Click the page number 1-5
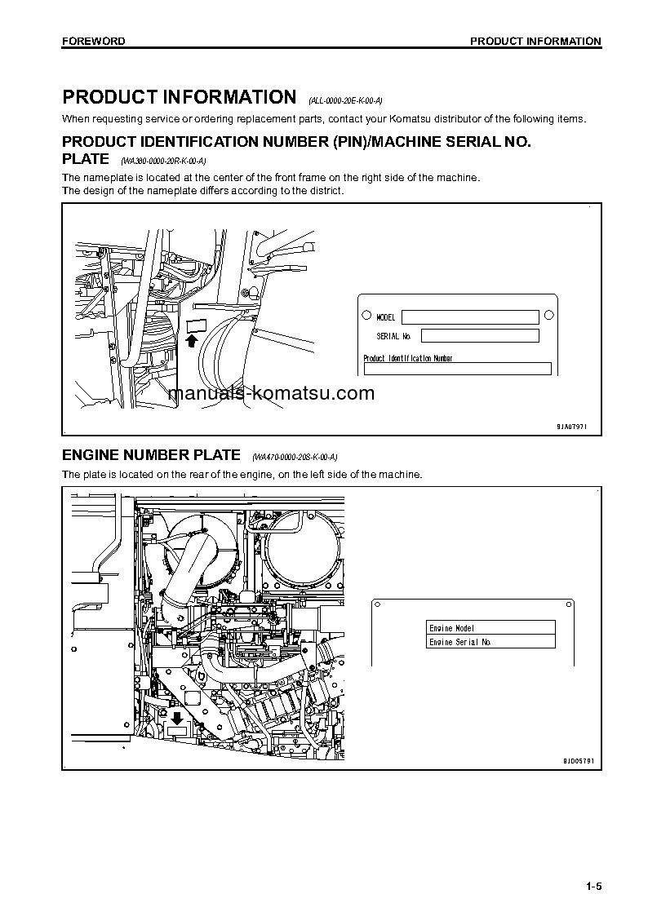coord(593,887)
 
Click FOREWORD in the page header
coord(93,41)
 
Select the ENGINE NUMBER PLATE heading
coord(152,454)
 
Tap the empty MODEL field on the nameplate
coord(469,317)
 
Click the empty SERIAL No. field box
coord(479,335)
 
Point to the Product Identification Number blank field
coord(457,369)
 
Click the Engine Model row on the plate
coord(490,627)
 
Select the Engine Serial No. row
coord(490,642)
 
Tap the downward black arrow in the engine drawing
coord(176,719)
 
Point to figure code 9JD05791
coord(578,760)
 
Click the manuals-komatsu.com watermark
coord(271,393)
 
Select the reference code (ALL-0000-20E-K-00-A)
coord(345,101)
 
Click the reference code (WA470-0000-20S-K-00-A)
coord(295,457)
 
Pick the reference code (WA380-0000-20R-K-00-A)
coord(164,162)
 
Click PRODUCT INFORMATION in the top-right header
coord(535,41)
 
